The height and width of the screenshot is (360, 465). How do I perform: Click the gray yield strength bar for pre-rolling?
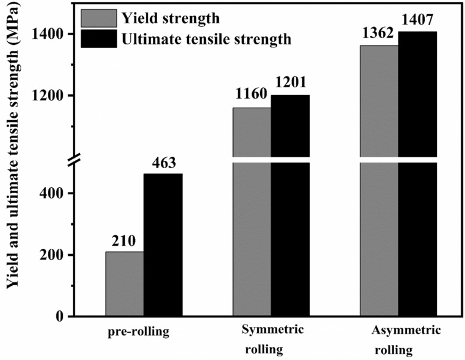coord(124,283)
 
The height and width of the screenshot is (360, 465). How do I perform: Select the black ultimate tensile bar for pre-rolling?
coord(163,245)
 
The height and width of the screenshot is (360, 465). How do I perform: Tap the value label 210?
coord(124,241)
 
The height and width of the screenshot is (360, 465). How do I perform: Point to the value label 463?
coord(163,163)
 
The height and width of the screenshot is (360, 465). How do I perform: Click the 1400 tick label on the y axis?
coord(54,34)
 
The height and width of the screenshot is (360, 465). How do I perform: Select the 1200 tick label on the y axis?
coord(54,96)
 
